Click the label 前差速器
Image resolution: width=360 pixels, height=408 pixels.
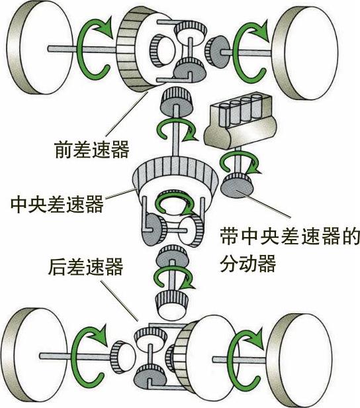92,150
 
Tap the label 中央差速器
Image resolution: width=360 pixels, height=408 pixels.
57,204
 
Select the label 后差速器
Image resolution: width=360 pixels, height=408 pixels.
85,267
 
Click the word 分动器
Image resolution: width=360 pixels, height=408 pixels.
247,264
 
